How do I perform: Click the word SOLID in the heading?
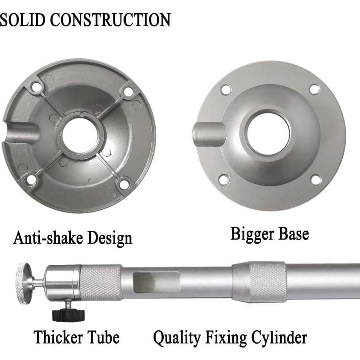point(23,20)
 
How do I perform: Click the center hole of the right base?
point(268,134)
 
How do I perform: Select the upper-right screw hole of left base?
point(128,91)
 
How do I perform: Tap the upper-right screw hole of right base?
point(314,89)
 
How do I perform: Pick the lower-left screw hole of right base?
point(224,180)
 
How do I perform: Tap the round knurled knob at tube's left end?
point(24,283)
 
